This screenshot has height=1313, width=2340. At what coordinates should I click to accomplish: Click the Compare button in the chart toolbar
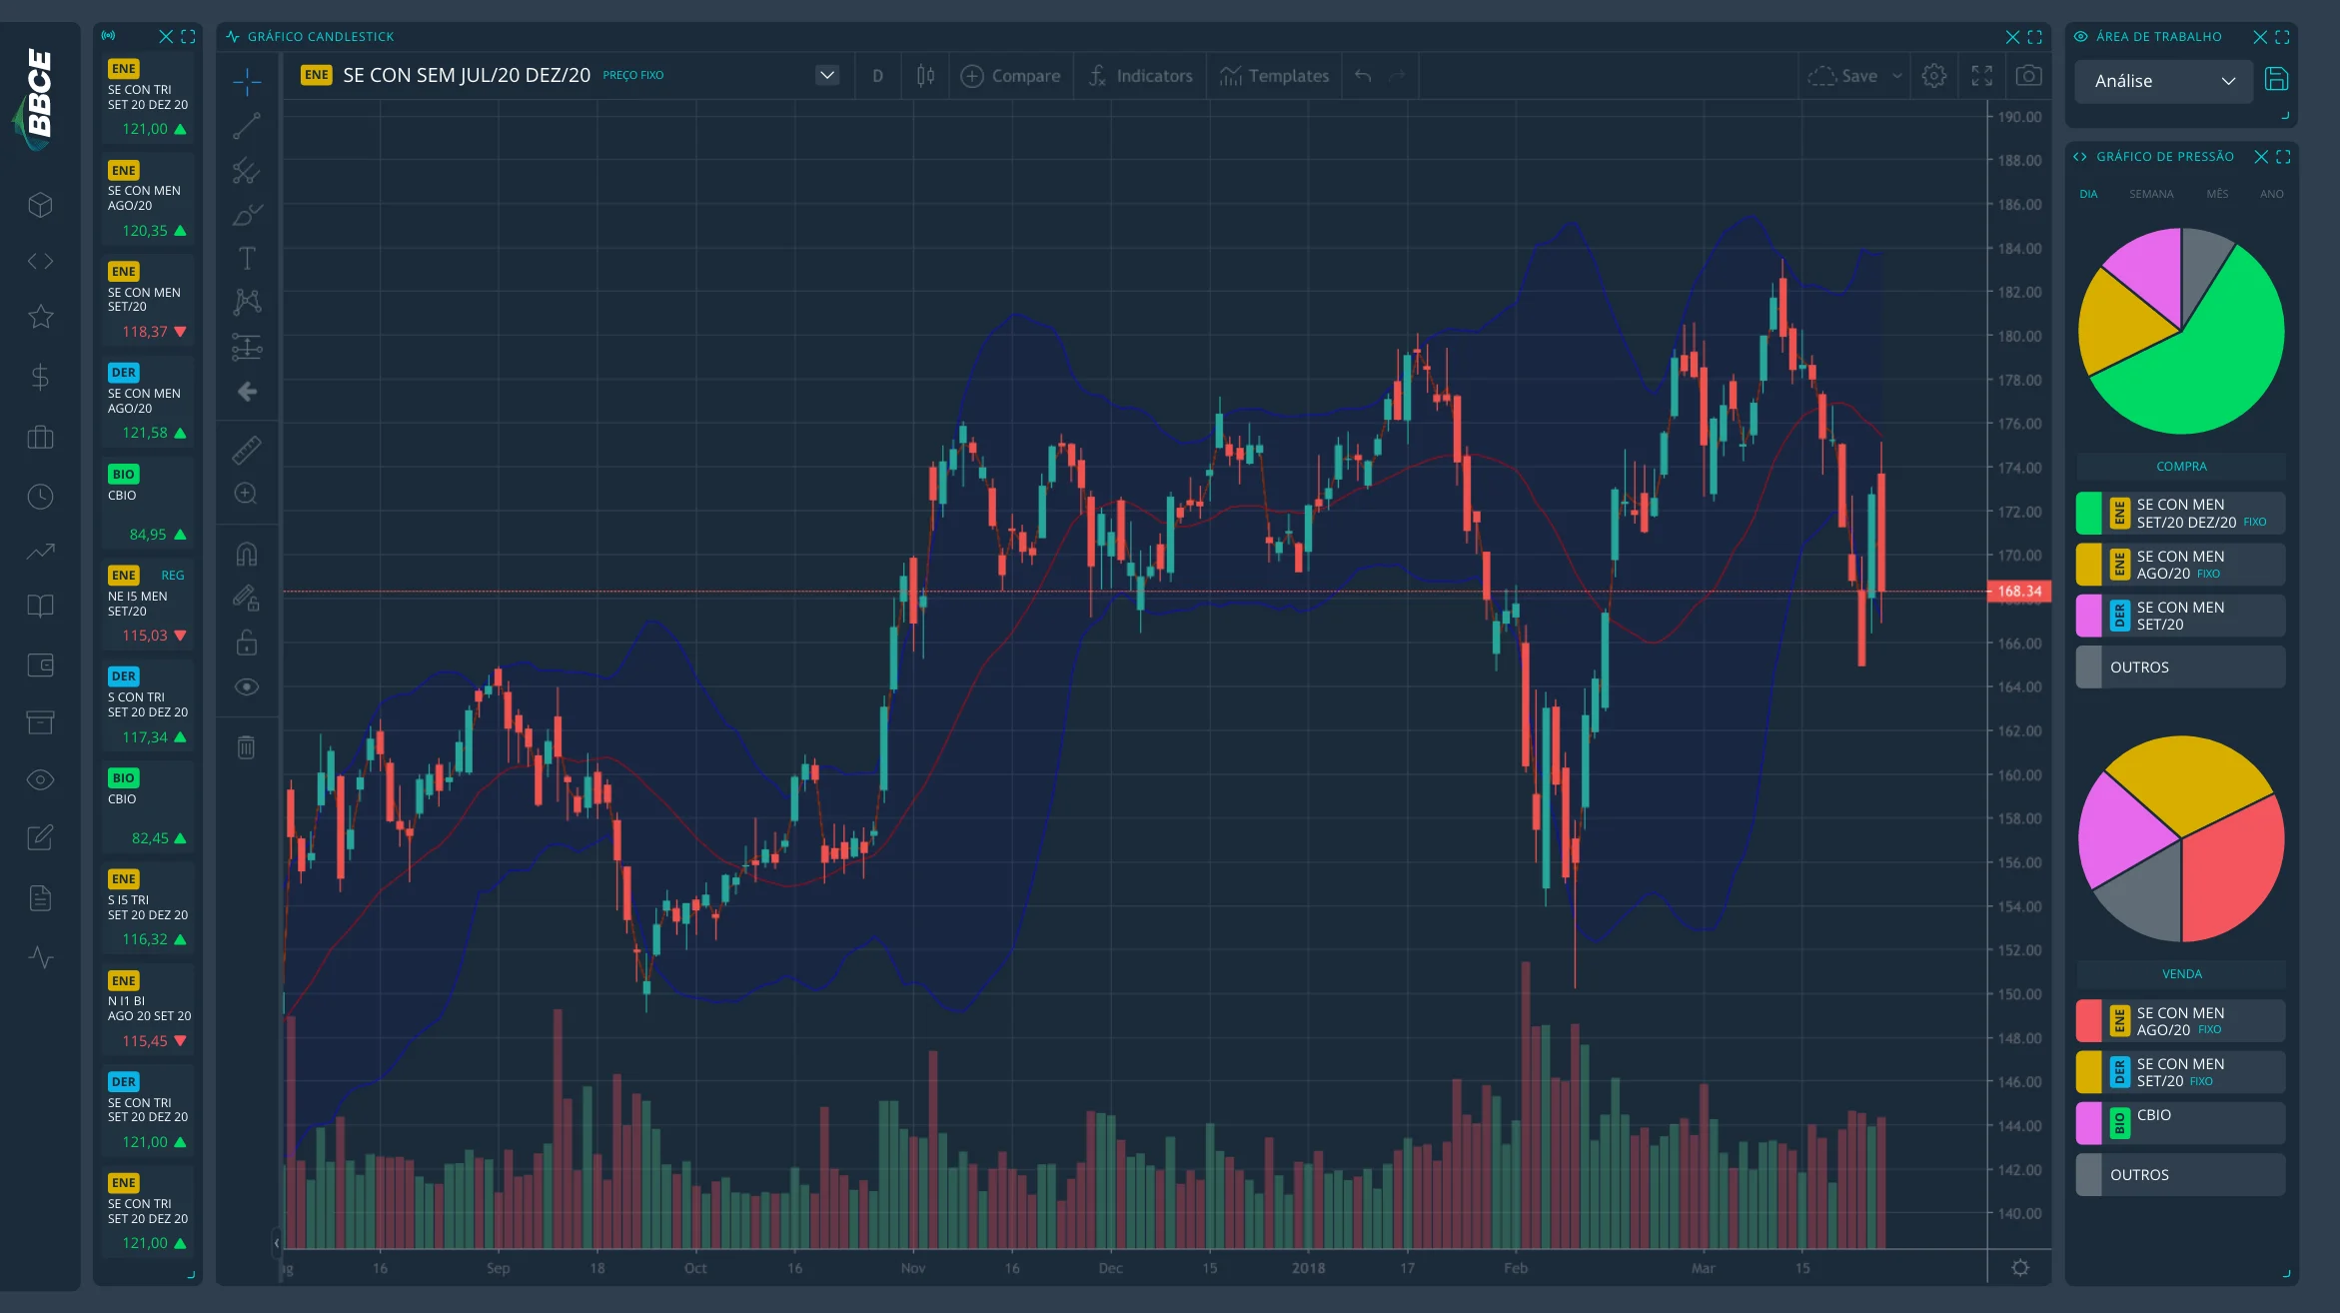pos(1010,76)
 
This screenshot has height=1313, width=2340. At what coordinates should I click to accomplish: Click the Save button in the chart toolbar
pos(1843,76)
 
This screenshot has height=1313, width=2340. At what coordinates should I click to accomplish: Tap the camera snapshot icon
pos(2028,76)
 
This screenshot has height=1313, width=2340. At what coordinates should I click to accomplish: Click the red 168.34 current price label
pos(2019,592)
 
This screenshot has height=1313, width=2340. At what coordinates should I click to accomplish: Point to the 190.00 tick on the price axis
pos(2019,117)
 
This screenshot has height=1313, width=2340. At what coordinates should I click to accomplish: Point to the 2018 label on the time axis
pos(1308,1268)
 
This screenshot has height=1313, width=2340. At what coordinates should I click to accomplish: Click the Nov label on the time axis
pos(913,1268)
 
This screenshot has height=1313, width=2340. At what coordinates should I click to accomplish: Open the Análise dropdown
pos(2163,81)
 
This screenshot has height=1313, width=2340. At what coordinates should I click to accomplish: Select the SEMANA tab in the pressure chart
pos(2151,194)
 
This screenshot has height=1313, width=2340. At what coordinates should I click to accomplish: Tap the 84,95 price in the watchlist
pos(148,535)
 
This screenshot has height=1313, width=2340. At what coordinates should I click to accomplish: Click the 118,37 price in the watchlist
pos(145,332)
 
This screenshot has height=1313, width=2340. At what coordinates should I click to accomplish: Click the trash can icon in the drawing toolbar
pos(246,746)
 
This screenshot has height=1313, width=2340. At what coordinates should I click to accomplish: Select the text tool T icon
pos(247,259)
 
